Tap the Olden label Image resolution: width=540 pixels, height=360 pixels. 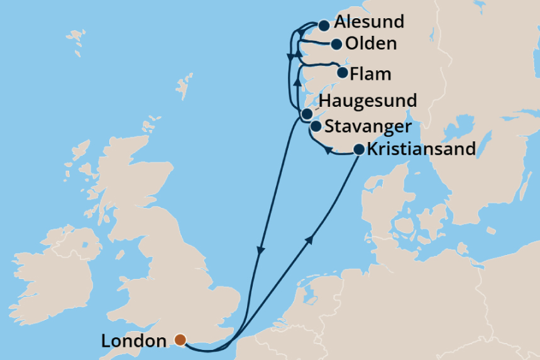pos(372,44)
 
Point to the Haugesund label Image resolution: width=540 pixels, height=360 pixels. pos(368,101)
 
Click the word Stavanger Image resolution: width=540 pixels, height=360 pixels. pos(368,126)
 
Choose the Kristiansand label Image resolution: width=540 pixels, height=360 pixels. pos(421,150)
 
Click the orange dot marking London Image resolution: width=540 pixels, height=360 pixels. pos(180,340)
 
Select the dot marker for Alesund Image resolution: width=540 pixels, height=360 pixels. pos(324,26)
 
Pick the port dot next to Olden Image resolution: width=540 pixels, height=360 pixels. pos(336,44)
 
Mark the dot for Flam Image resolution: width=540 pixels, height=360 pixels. pos(343,73)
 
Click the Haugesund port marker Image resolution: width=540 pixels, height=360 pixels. pos(306,114)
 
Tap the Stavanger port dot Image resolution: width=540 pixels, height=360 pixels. pos(316,126)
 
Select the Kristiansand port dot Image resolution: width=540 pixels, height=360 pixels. pos(358,150)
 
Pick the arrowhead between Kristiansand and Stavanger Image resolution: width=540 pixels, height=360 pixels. pos(328,150)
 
